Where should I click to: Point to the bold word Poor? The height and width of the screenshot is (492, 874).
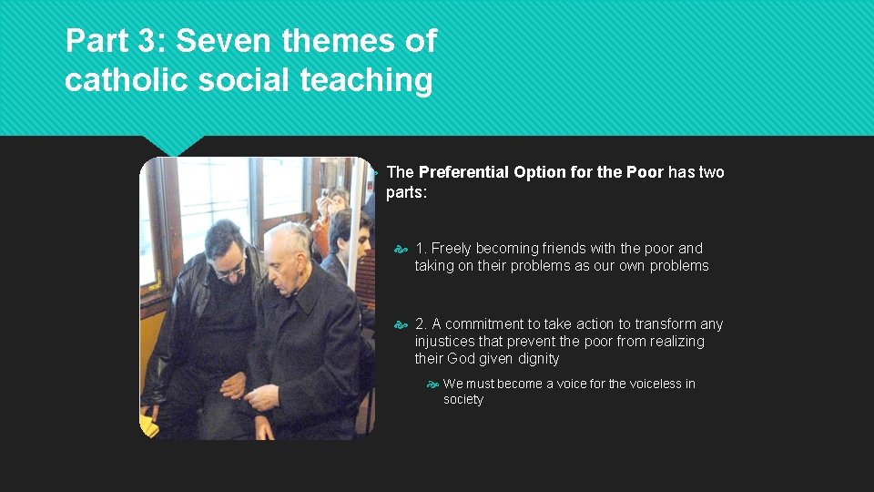(x=645, y=172)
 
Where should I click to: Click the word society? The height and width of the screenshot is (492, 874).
(x=463, y=399)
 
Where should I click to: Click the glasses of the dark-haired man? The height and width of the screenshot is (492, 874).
(x=230, y=270)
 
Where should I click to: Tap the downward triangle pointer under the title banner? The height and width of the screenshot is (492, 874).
(x=174, y=145)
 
